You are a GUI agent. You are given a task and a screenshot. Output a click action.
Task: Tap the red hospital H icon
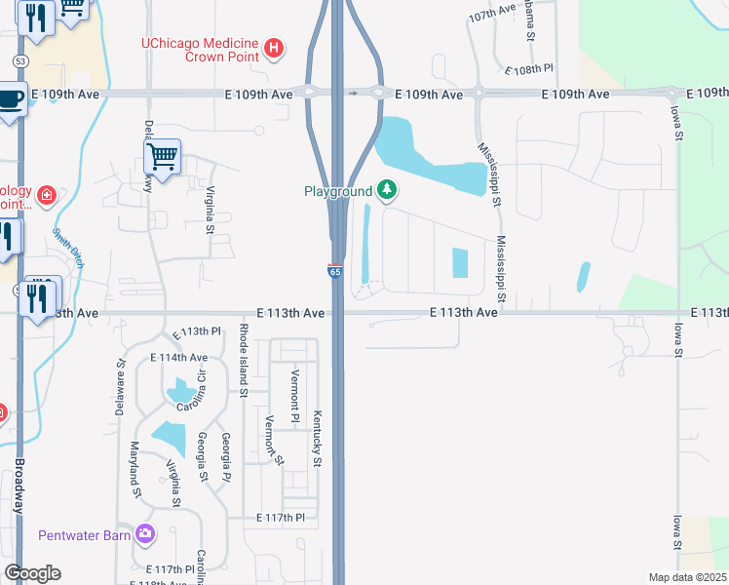[x=275, y=47]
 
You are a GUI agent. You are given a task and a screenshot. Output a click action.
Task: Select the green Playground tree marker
[x=387, y=189]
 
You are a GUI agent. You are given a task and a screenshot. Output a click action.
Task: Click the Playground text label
[x=338, y=192]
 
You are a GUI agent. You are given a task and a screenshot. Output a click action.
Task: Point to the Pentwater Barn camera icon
[x=146, y=533]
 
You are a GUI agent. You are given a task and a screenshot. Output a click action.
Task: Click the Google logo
[x=32, y=573]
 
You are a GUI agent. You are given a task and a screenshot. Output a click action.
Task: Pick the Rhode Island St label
[x=243, y=362]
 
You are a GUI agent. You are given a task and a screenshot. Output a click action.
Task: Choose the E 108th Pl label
[x=529, y=70]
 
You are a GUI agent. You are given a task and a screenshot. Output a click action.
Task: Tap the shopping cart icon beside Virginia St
[x=162, y=156]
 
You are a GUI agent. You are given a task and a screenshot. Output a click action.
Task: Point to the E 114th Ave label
[x=178, y=358]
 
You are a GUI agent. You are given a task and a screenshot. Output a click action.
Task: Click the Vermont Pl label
[x=294, y=397]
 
